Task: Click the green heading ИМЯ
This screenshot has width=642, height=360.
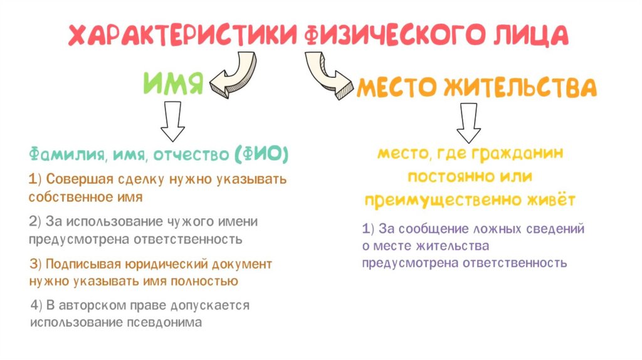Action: (x=174, y=83)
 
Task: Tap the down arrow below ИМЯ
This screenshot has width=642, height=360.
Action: (x=172, y=120)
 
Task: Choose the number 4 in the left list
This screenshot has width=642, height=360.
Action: (x=34, y=305)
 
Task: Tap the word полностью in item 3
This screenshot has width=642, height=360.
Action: (x=208, y=280)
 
